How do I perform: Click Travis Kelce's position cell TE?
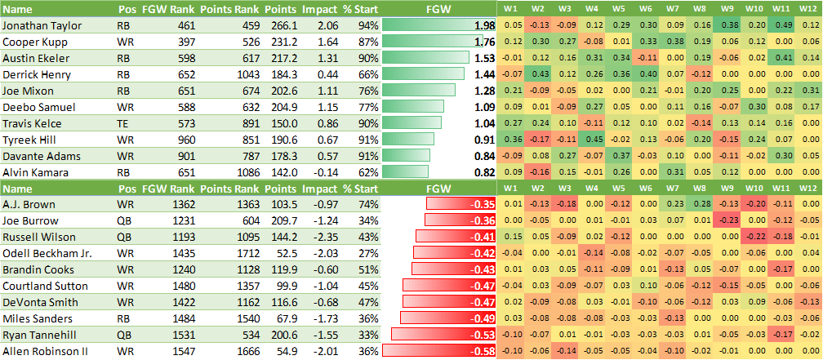[126, 123]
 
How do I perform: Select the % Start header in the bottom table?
[358, 189]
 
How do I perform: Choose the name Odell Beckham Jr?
[47, 253]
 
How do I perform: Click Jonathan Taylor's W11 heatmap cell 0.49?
[781, 25]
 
